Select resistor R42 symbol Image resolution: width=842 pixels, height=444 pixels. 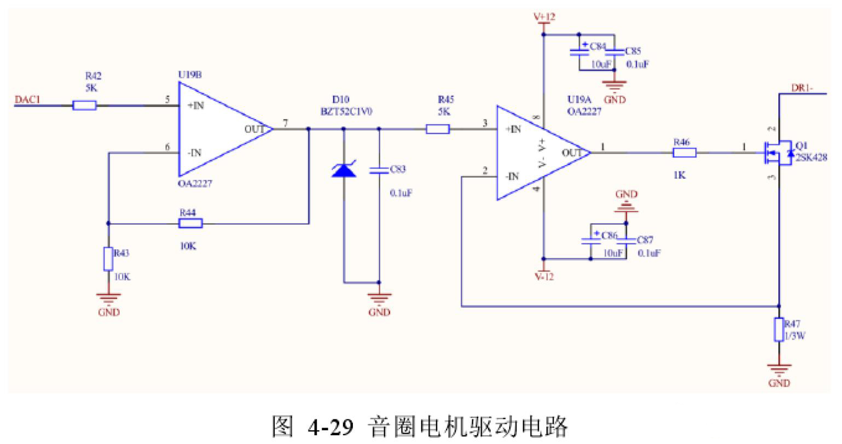click(x=85, y=106)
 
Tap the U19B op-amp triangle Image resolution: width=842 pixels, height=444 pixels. click(x=219, y=130)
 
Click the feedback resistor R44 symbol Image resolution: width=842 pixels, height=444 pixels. click(x=190, y=223)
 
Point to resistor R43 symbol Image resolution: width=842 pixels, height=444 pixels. click(x=108, y=259)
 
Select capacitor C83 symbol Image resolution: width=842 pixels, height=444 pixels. click(x=379, y=170)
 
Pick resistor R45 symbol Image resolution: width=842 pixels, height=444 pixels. click(x=438, y=130)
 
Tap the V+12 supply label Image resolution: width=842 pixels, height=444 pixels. click(x=544, y=17)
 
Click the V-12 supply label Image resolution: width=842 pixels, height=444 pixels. click(x=544, y=277)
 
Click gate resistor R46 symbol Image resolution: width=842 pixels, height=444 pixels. click(x=684, y=153)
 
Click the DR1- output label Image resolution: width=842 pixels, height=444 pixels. click(x=802, y=87)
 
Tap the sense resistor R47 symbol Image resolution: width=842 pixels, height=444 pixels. click(x=779, y=330)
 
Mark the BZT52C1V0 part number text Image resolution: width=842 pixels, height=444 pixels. click(x=347, y=112)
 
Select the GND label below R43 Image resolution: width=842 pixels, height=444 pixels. click(x=108, y=312)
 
